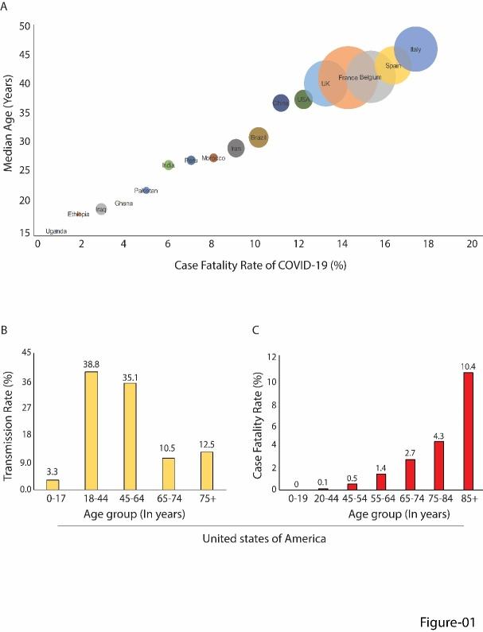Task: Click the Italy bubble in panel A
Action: coord(415,49)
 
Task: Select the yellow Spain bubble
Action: coord(393,66)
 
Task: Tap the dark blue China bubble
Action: coord(281,102)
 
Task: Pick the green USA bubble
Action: coord(303,99)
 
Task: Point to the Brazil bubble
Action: coord(258,138)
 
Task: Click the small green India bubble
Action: coord(169,165)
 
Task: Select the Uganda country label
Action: coord(56,231)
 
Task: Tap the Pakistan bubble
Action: coord(146,191)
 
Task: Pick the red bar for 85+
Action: coord(468,430)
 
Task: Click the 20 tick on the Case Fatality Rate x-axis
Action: coord(472,243)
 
